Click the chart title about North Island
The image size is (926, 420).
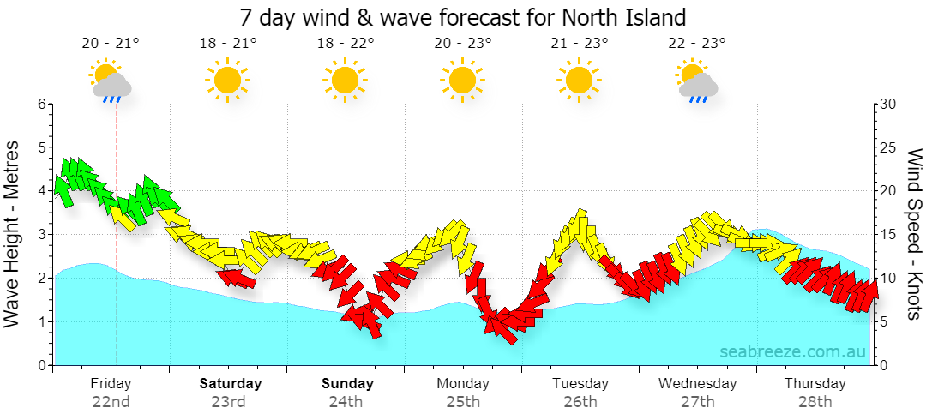click(463, 17)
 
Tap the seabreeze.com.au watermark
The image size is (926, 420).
click(793, 351)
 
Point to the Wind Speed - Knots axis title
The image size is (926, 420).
click(914, 234)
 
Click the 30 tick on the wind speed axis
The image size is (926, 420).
click(888, 104)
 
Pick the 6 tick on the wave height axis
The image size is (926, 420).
click(42, 104)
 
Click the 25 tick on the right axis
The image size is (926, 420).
click(888, 147)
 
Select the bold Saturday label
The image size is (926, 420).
click(231, 383)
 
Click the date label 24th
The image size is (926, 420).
click(346, 402)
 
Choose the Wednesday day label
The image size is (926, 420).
click(697, 383)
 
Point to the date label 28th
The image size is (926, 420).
click(815, 402)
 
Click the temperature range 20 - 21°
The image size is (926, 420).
click(111, 43)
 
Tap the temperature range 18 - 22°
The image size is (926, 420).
click(346, 43)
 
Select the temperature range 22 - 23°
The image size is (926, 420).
click(697, 43)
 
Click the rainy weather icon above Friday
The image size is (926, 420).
click(111, 81)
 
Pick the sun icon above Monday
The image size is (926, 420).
click(462, 81)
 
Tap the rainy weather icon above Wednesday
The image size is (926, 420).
click(697, 81)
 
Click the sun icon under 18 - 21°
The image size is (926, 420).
click(228, 81)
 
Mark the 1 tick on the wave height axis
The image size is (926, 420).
click(42, 322)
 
